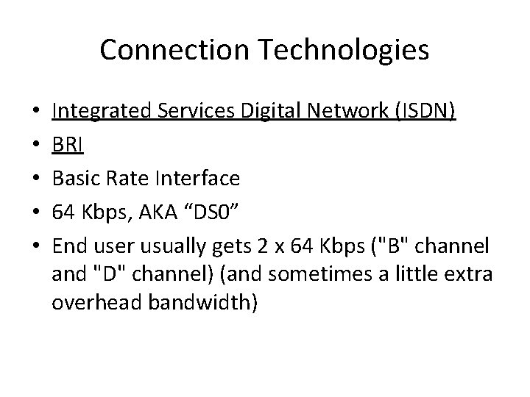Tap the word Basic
coord(78,177)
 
